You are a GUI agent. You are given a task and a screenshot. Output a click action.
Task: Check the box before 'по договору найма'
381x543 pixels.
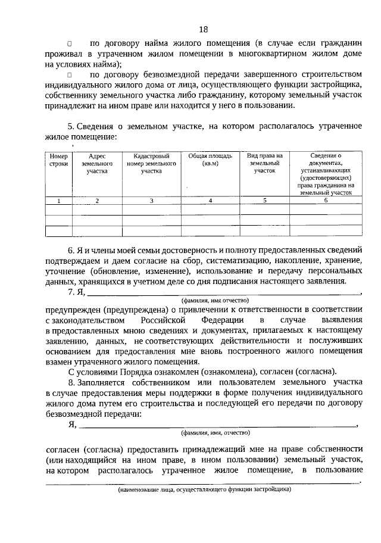[x=69, y=43]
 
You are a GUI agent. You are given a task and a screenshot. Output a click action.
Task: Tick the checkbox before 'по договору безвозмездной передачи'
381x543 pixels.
[x=69, y=75]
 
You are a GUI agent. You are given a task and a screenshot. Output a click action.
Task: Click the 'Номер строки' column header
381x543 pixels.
[x=59, y=159]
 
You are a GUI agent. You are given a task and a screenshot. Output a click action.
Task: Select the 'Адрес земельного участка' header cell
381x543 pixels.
[x=96, y=163]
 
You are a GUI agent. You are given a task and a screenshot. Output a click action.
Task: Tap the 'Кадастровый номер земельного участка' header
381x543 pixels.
[x=151, y=163]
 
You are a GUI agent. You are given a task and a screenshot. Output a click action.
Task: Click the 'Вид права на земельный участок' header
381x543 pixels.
[x=265, y=163]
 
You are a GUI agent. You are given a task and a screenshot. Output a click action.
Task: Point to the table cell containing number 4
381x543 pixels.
[x=210, y=201]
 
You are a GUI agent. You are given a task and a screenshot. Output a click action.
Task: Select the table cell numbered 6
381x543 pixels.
[x=326, y=201]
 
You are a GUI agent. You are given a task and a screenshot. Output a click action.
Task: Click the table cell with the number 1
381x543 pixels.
[x=59, y=201]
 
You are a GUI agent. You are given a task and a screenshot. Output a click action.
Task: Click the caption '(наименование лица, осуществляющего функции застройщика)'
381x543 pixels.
[x=204, y=491]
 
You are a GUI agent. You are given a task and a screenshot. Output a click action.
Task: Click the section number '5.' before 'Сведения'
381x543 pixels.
[x=71, y=127]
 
